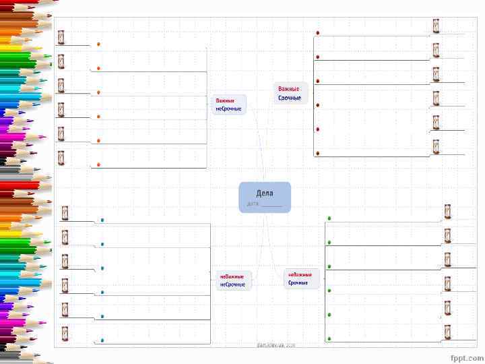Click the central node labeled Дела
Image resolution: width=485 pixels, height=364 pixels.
click(x=265, y=197)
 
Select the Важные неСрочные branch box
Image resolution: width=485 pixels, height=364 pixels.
click(x=229, y=104)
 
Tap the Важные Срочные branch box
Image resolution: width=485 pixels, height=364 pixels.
click(x=291, y=93)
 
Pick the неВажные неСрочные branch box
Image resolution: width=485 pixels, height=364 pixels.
click(x=232, y=280)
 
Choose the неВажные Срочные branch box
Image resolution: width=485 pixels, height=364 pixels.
click(x=300, y=278)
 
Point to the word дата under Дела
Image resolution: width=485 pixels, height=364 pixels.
click(x=253, y=203)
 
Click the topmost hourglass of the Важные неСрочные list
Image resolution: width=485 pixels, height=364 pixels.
click(x=61, y=37)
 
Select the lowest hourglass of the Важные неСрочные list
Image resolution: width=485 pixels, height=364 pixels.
click(x=61, y=158)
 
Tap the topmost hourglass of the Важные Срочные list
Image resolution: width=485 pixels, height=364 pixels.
click(x=436, y=26)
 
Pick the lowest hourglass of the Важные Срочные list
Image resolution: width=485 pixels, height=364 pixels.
click(x=436, y=146)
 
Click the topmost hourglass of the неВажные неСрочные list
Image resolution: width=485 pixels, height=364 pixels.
click(x=65, y=213)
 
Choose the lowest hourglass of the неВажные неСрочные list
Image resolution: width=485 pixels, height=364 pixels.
click(x=65, y=332)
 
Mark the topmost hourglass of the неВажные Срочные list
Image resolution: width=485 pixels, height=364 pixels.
click(x=447, y=211)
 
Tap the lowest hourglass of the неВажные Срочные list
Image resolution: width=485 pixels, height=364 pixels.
click(x=447, y=331)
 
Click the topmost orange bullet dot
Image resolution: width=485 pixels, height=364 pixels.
click(x=98, y=44)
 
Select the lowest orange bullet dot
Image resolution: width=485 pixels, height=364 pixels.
click(x=98, y=164)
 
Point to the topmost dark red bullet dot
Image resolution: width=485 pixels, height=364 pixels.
click(x=318, y=32)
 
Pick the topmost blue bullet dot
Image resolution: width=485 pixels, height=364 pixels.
click(x=102, y=220)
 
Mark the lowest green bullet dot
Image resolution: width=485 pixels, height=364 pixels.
click(x=329, y=338)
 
